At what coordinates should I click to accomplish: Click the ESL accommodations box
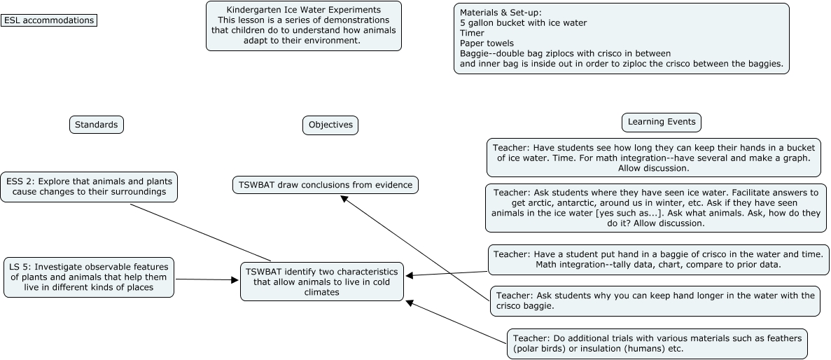pyautogui.click(x=49, y=20)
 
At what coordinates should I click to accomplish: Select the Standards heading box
pyautogui.click(x=97, y=125)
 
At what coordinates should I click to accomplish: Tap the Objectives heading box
pyautogui.click(x=330, y=125)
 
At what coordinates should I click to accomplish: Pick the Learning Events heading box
pyautogui.click(x=661, y=122)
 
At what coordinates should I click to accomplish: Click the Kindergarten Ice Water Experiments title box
pyautogui.click(x=304, y=26)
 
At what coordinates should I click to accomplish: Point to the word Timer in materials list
pyautogui.click(x=472, y=33)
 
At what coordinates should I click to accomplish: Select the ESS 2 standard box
pyautogui.click(x=88, y=186)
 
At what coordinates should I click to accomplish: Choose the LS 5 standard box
pyautogui.click(x=88, y=277)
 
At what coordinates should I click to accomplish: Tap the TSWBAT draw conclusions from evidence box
pyautogui.click(x=326, y=185)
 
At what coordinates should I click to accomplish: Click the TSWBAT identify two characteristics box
pyautogui.click(x=322, y=282)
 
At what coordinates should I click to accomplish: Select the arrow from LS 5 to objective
pyautogui.click(x=207, y=279)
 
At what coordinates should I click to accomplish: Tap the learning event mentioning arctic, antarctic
pyautogui.click(x=655, y=208)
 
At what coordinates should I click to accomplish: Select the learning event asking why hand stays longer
pyautogui.click(x=654, y=300)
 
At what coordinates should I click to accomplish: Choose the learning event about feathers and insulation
pyautogui.click(x=657, y=343)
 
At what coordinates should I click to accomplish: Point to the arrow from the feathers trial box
pyautogui.click(x=455, y=322)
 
